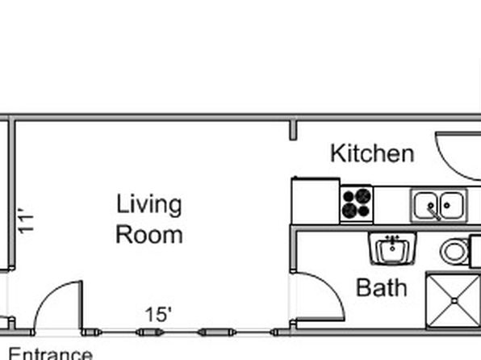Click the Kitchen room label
coord(372,153)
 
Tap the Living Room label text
coord(149,219)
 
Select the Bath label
coord(382,288)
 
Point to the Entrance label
coord(50,354)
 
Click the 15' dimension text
coord(158,315)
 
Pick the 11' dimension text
coord(26,220)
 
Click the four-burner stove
coord(357,203)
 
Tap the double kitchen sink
coord(439,205)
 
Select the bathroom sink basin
coord(393,249)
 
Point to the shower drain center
coord(454,301)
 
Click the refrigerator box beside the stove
coord(316,201)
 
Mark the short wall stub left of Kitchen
coord(293,130)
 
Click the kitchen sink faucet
coord(434,212)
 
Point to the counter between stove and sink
coord(391,205)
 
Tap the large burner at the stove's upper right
coord(363,196)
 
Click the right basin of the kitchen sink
coord(452,205)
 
